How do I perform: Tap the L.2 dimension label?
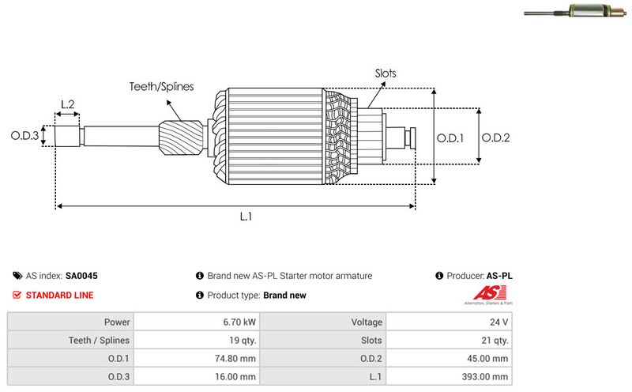coord(68,104)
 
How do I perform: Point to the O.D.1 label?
coord(450,138)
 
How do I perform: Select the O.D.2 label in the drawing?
coord(495,138)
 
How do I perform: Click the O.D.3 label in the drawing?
coord(24,136)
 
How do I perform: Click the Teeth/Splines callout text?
coord(162,87)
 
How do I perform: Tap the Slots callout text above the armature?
coord(386,73)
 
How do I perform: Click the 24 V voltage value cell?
coord(499,322)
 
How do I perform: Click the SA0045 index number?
coord(81,276)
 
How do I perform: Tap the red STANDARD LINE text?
coord(59,295)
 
